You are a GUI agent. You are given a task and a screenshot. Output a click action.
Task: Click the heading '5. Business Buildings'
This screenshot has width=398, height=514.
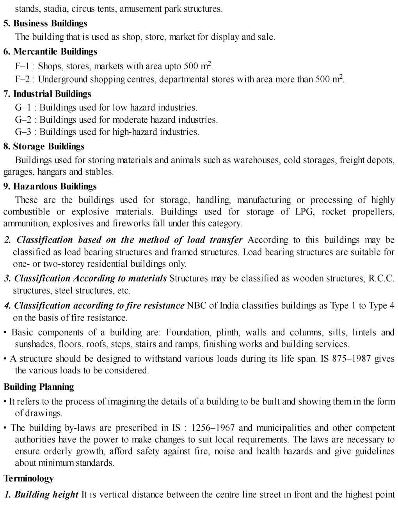tap(45, 23)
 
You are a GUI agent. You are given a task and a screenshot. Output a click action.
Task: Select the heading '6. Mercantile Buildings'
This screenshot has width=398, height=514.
tap(50, 51)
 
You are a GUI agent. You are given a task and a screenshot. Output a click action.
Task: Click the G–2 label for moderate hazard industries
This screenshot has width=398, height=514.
tap(23, 120)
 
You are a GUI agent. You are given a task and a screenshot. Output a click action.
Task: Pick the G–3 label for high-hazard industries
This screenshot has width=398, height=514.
tap(23, 132)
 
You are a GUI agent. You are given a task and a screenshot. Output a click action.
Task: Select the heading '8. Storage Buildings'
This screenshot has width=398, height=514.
tap(44, 146)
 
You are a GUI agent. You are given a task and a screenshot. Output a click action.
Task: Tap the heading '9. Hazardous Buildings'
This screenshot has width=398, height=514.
tap(50, 186)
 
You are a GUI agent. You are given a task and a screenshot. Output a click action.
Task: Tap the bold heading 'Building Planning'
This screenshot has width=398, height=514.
tap(39, 387)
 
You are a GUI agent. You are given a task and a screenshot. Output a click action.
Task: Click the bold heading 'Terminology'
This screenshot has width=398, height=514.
tap(28, 478)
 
